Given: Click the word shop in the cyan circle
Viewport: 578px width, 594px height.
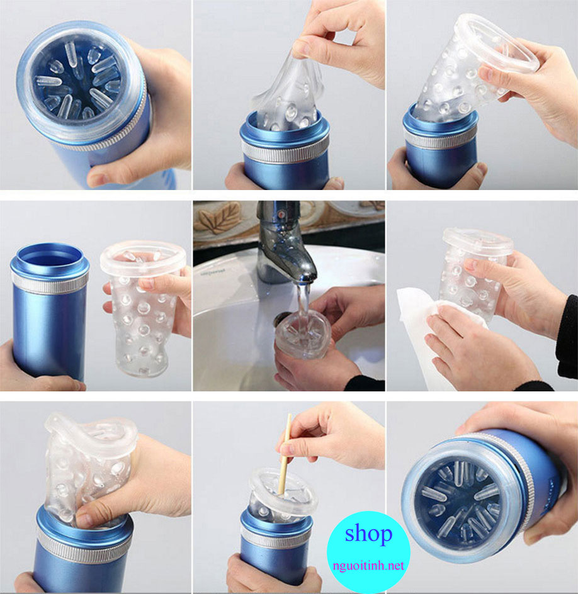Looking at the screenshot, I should point(368,534).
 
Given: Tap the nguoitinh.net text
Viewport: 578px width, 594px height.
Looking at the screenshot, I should point(368,566).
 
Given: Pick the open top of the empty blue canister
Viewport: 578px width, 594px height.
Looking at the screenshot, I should point(50,255).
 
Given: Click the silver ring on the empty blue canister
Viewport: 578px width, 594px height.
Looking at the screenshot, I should point(50,282).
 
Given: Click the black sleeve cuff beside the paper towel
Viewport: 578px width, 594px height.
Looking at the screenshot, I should point(567,340).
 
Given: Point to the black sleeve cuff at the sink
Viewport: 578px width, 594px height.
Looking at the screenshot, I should point(365,381).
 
